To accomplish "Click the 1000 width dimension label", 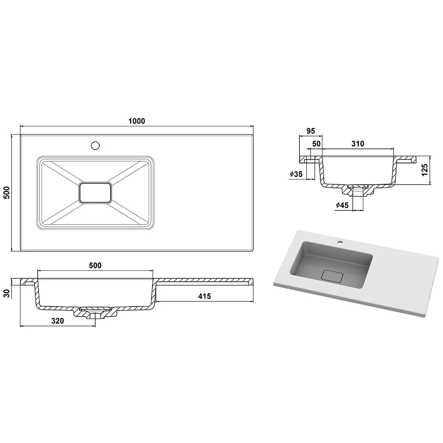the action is click(x=137, y=121).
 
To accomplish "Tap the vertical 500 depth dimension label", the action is click(x=7, y=193).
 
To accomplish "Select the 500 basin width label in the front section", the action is click(x=95, y=265).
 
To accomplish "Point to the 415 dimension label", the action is click(x=205, y=296).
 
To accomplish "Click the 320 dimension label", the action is click(x=58, y=321).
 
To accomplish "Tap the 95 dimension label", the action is click(x=311, y=131).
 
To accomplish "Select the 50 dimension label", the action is click(x=316, y=144).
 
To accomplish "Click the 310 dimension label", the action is click(x=358, y=144).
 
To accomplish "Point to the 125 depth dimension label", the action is click(x=425, y=170).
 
